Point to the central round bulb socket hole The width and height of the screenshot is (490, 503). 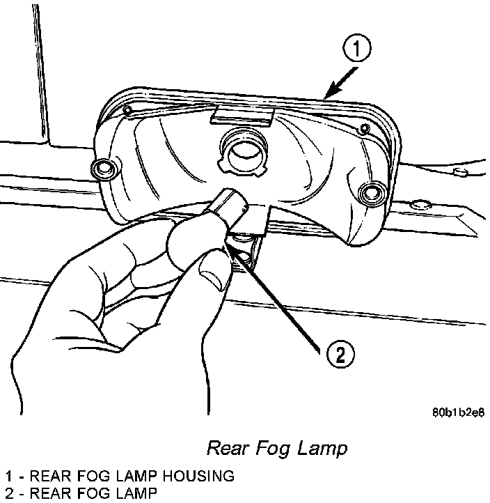pos(245,150)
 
